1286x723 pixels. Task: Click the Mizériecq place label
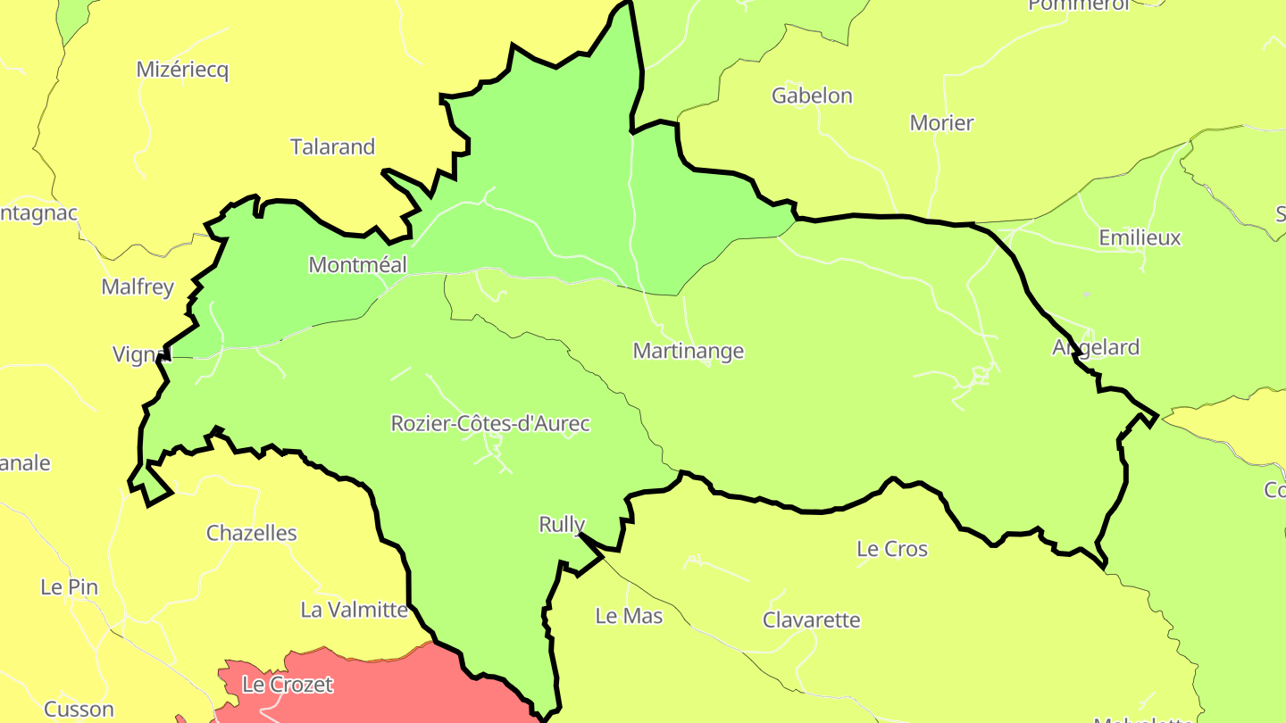[182, 71]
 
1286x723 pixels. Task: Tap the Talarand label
[332, 147]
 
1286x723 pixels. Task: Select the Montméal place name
[357, 265]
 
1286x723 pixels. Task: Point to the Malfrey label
[138, 287]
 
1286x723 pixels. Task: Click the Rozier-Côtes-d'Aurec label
[490, 424]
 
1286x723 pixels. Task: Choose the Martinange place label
[688, 352]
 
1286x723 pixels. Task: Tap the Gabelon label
[812, 96]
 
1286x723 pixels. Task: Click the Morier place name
[941, 123]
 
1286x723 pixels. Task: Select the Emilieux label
[1140, 238]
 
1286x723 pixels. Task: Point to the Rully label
[562, 525]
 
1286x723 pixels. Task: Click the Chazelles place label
[251, 534]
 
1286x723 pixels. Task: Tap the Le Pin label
[69, 588]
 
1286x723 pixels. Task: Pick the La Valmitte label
[354, 611]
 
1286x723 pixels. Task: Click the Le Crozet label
[288, 686]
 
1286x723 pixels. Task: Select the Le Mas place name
[629, 616]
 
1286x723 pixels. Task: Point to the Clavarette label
[811, 620]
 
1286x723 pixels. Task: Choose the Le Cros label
[891, 550]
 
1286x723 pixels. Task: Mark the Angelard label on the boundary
[1096, 347]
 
